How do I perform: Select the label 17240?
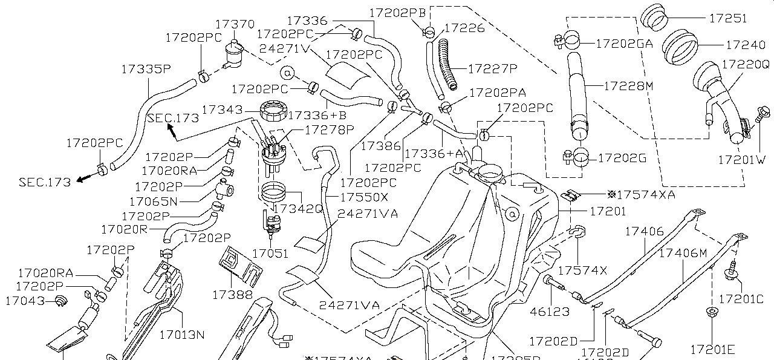pyautogui.click(x=744, y=45)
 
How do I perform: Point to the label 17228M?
pyautogui.click(x=628, y=87)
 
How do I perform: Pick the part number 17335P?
pyautogui.click(x=146, y=68)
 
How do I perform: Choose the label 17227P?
pyautogui.click(x=493, y=68)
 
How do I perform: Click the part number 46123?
pyautogui.click(x=549, y=312)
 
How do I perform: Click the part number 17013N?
pyautogui.click(x=182, y=334)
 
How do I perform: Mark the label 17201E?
pyautogui.click(x=712, y=349)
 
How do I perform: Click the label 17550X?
pyautogui.click(x=363, y=197)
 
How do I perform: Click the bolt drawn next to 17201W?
pyautogui.click(x=762, y=115)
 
